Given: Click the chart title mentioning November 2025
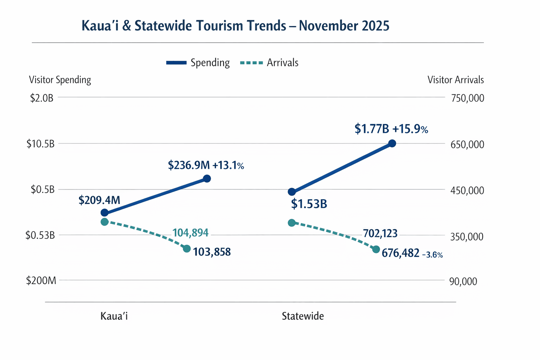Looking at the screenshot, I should [235, 26].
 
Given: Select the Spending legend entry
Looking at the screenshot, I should [198, 63].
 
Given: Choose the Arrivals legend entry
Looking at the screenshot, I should [269, 63].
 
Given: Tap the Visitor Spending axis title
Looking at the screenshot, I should [60, 80].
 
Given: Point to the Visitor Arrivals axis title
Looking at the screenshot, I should [455, 80].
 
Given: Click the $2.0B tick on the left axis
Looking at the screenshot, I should [42, 98].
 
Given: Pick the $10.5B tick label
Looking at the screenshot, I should [40, 144].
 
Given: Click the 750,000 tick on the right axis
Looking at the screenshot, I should [467, 98].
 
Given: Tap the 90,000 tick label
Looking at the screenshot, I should [463, 281].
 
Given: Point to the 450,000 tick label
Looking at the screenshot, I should [467, 191].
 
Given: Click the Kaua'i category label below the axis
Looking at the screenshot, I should [114, 316].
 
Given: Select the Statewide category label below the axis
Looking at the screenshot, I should [303, 316].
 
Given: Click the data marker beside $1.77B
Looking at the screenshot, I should [392, 143].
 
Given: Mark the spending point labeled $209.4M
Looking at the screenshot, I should [104, 212].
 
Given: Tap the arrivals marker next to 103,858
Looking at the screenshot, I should [187, 249].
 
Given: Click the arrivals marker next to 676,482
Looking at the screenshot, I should [376, 249].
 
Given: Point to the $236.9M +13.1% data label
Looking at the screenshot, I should [206, 165].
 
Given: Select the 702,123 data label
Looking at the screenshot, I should [380, 233].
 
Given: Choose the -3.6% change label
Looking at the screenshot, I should [432, 255].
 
